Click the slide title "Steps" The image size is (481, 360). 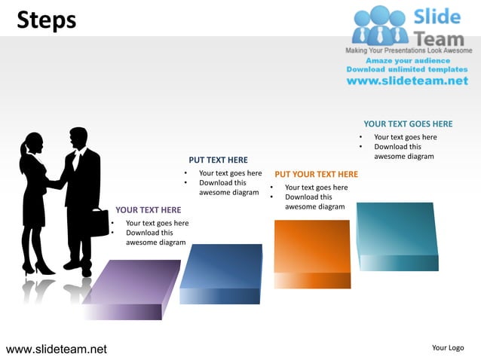pyautogui.click(x=47, y=20)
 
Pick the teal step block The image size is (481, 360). pyautogui.click(x=397, y=230)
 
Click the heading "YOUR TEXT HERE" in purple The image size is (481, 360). pyautogui.click(x=149, y=210)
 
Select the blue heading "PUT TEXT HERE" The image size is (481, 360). pyautogui.click(x=218, y=160)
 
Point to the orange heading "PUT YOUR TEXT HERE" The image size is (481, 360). pyautogui.click(x=317, y=175)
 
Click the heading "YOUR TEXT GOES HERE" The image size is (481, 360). pyautogui.click(x=408, y=124)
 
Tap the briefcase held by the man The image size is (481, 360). pyautogui.click(x=100, y=222)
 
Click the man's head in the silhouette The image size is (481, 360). pyautogui.click(x=78, y=138)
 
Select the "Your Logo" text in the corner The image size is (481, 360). pyautogui.click(x=448, y=348)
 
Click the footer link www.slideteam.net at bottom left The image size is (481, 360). pyautogui.click(x=57, y=349)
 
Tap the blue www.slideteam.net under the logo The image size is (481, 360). pyautogui.click(x=407, y=81)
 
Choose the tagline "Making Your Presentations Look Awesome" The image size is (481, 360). pyautogui.click(x=407, y=50)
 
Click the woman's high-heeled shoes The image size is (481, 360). pyautogui.click(x=38, y=267)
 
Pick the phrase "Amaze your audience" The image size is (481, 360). pyautogui.click(x=408, y=60)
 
